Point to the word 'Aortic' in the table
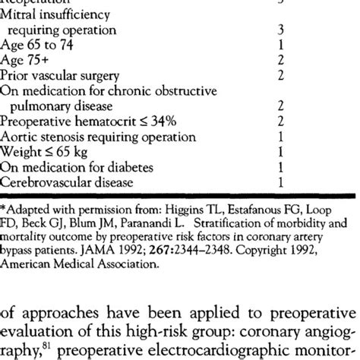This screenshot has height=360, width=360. tap(20, 137)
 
